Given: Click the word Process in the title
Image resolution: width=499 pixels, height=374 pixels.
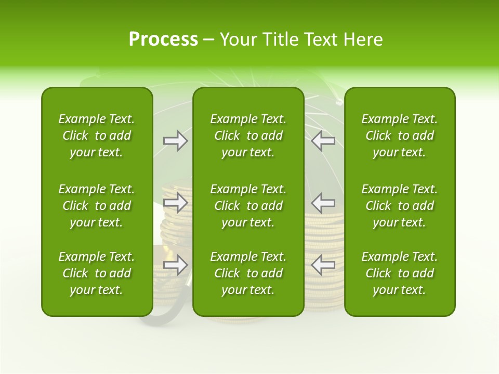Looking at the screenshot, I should tap(163, 39).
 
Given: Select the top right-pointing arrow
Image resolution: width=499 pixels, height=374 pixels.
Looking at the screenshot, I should tap(175, 141).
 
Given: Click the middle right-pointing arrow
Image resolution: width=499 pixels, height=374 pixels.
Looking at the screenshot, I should tap(175, 202).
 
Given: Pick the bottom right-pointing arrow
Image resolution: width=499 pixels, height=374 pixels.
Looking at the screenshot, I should tap(175, 265).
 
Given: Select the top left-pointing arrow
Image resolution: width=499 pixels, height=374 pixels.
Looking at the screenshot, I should tap(323, 141).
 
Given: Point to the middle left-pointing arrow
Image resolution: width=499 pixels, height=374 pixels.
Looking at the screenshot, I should tap(323, 202).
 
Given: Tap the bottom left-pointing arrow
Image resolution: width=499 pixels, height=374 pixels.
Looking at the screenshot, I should tap(323, 265).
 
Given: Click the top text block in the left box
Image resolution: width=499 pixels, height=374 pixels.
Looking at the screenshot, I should tap(97, 136).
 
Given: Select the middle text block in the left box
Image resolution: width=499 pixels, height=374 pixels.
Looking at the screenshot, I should tap(97, 206).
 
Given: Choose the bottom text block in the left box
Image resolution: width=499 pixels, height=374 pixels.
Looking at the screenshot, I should tap(97, 273).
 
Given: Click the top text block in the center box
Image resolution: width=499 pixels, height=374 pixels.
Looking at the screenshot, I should tap(248, 136).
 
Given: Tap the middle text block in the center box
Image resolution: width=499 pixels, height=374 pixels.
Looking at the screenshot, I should tap(248, 206).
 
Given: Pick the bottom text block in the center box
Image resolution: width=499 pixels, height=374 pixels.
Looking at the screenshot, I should tap(248, 273).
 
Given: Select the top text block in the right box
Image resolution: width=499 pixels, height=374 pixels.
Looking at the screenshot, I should tap(400, 136).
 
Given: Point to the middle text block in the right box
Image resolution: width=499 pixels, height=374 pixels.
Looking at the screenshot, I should tap(400, 206).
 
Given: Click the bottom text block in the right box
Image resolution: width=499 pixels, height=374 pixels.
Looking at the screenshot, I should tap(400, 273).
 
